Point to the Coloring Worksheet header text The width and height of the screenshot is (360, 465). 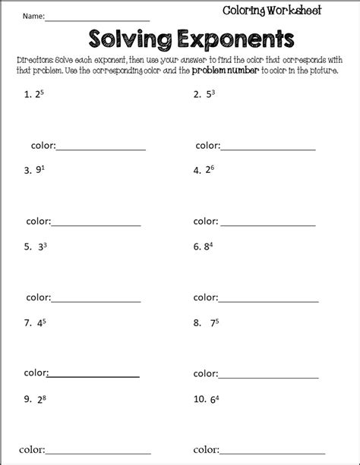272,10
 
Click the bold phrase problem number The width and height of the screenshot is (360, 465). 239,71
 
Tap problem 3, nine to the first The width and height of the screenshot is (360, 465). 35,171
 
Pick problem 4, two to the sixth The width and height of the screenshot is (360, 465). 204,171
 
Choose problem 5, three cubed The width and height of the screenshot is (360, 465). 36,247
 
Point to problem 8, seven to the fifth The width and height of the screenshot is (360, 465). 206,323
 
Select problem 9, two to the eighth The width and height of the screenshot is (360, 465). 35,399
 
